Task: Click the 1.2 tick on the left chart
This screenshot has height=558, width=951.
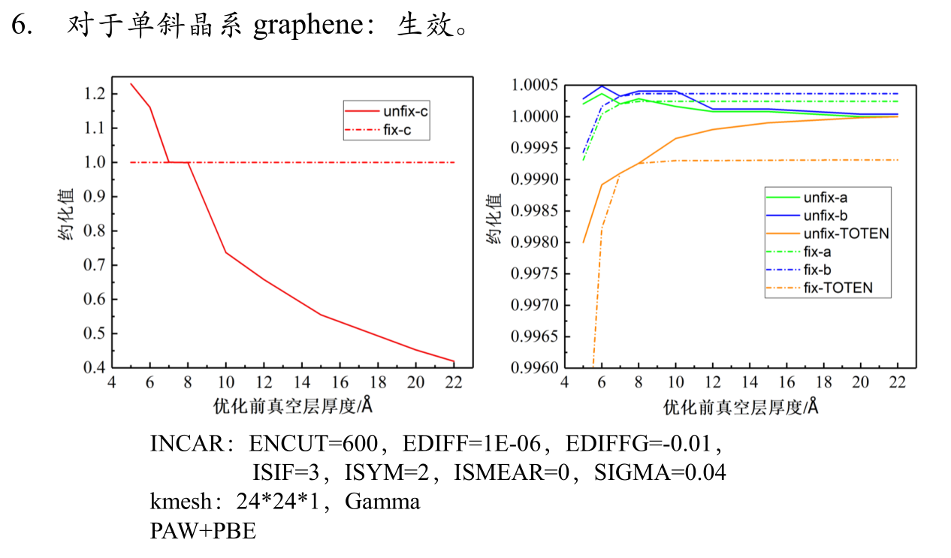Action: pos(95,94)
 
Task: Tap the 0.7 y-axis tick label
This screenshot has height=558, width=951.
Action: pos(95,265)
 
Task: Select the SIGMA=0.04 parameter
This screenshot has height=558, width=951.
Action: pos(660,473)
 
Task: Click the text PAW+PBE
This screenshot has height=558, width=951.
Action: pos(203,531)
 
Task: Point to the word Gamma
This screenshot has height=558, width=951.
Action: pos(382,502)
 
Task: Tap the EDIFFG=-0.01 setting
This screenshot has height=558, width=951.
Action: pos(638,444)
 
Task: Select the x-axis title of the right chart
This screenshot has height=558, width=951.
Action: pos(740,407)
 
